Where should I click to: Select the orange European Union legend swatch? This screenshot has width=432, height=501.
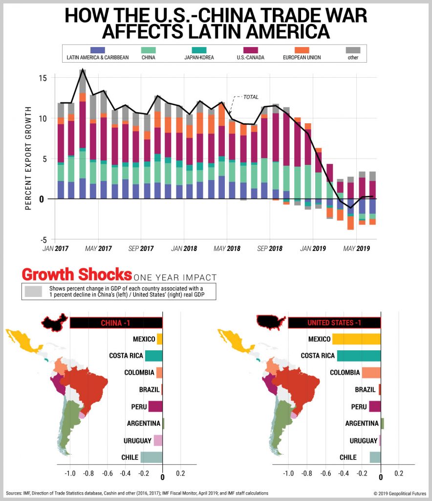point(302,50)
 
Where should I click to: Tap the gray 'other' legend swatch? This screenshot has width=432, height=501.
point(353,50)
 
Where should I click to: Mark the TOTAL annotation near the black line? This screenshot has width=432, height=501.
point(250,97)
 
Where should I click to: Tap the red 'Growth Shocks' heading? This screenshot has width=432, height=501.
point(76,273)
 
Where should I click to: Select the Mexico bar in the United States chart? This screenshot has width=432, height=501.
point(356,339)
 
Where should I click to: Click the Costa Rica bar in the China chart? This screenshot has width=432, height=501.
point(153,356)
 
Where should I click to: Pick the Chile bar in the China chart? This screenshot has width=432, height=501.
point(151,457)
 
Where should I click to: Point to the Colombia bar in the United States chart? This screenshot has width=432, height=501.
point(371,373)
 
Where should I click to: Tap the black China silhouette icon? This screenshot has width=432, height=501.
point(55,323)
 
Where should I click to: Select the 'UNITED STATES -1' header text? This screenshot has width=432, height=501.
point(334,323)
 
